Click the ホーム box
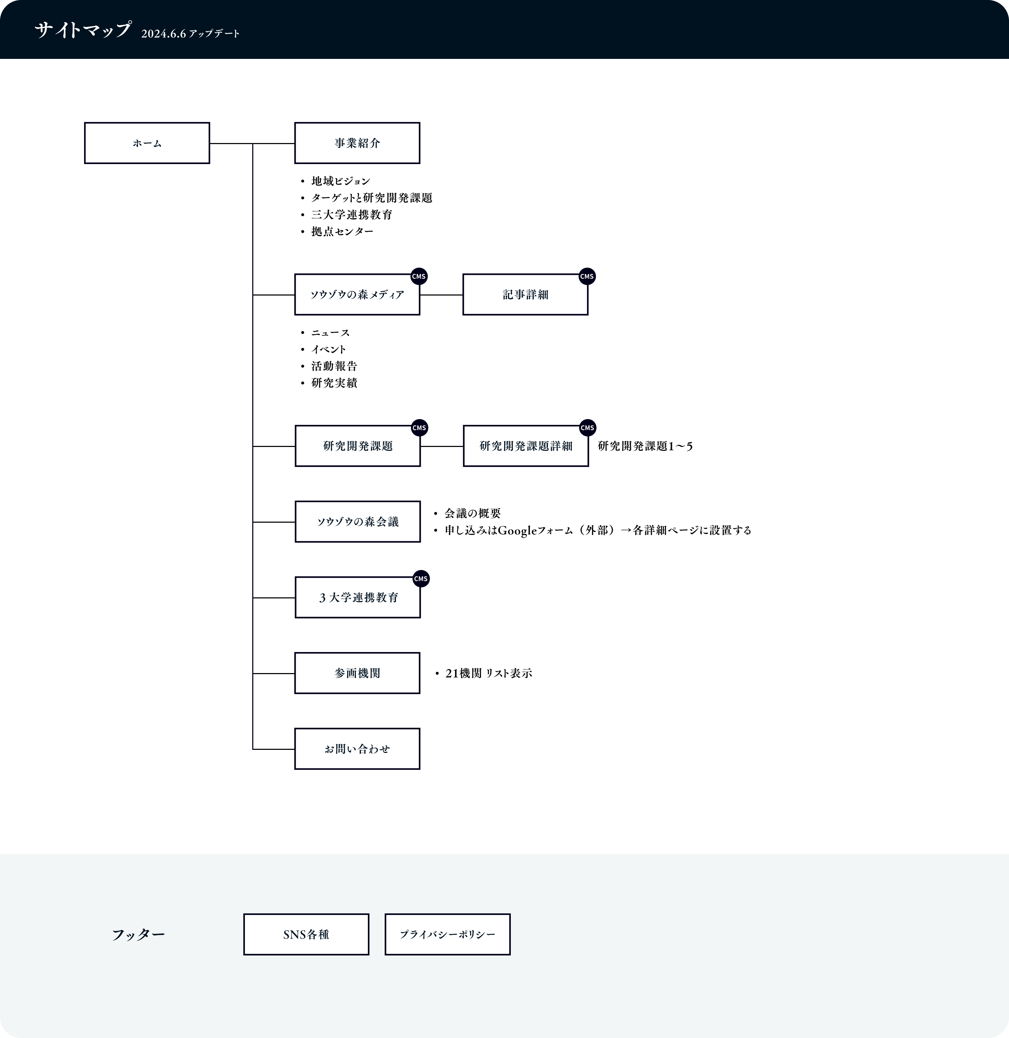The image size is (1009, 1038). (x=147, y=143)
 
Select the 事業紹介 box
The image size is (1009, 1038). (x=357, y=143)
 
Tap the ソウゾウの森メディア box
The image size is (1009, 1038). (x=357, y=295)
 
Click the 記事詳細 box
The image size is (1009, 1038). (x=525, y=295)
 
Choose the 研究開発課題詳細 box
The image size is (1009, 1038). (x=526, y=446)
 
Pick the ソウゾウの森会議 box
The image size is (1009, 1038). (x=358, y=522)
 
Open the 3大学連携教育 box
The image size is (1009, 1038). (x=358, y=597)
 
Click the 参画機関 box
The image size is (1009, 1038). (x=357, y=673)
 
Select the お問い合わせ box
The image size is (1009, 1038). (x=357, y=749)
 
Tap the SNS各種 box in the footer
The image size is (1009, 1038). (x=306, y=935)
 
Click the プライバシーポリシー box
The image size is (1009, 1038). (x=448, y=935)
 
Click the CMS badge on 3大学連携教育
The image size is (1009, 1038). (x=421, y=579)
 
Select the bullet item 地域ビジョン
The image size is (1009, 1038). (x=341, y=181)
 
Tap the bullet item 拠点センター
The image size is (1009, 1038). (x=342, y=232)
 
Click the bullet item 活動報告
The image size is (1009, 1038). (x=334, y=366)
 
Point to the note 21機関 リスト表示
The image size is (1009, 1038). (x=489, y=673)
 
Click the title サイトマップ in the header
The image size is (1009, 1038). (x=83, y=30)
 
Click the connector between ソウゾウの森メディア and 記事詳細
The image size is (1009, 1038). (x=441, y=295)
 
